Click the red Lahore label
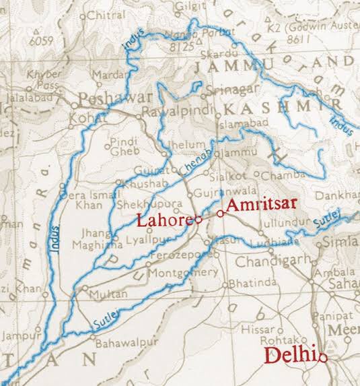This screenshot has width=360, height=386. click(164, 220)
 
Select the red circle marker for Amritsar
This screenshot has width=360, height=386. click(219, 214)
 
